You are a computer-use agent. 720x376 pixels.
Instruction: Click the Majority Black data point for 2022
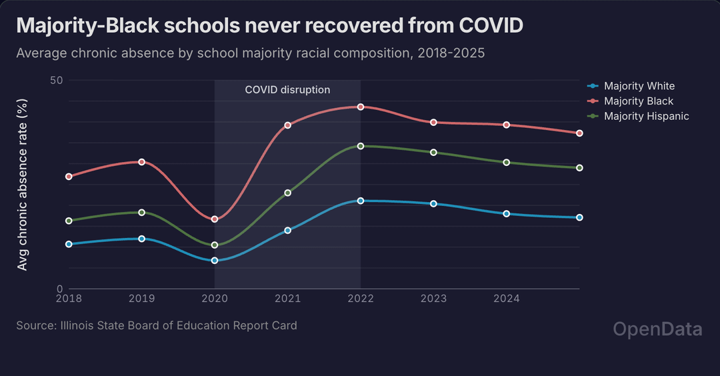[x=361, y=107]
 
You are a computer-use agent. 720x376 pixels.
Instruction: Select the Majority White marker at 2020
[x=215, y=260]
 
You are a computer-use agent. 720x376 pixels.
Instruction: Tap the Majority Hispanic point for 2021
[x=288, y=193]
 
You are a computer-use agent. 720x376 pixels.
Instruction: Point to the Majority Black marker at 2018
[x=69, y=177]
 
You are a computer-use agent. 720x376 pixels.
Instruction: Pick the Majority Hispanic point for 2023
[x=434, y=153]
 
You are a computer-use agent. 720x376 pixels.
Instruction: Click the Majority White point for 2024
[x=507, y=213]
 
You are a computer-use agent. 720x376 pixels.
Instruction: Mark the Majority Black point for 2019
[x=142, y=162]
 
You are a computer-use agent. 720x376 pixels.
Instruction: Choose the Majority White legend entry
[x=639, y=86]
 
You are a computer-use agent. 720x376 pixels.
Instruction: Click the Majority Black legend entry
[x=638, y=101]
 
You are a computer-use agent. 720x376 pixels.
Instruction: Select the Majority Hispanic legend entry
[x=646, y=116]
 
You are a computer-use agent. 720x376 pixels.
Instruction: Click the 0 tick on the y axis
[x=59, y=288]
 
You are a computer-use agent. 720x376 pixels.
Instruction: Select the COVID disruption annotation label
[x=287, y=90]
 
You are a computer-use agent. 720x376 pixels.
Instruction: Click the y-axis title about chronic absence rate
[x=23, y=185]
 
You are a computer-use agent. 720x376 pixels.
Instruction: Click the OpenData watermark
[x=657, y=329]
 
